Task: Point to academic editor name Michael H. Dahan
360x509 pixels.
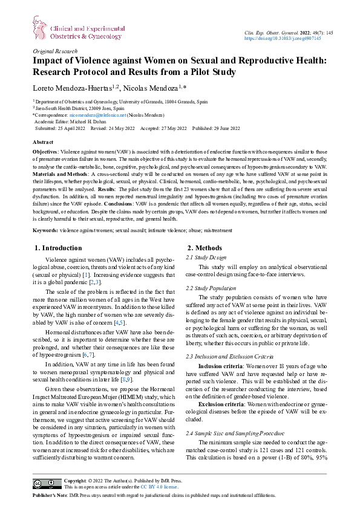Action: [91, 122]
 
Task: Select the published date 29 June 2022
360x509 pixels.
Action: [227, 128]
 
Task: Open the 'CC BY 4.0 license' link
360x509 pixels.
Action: [158, 487]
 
